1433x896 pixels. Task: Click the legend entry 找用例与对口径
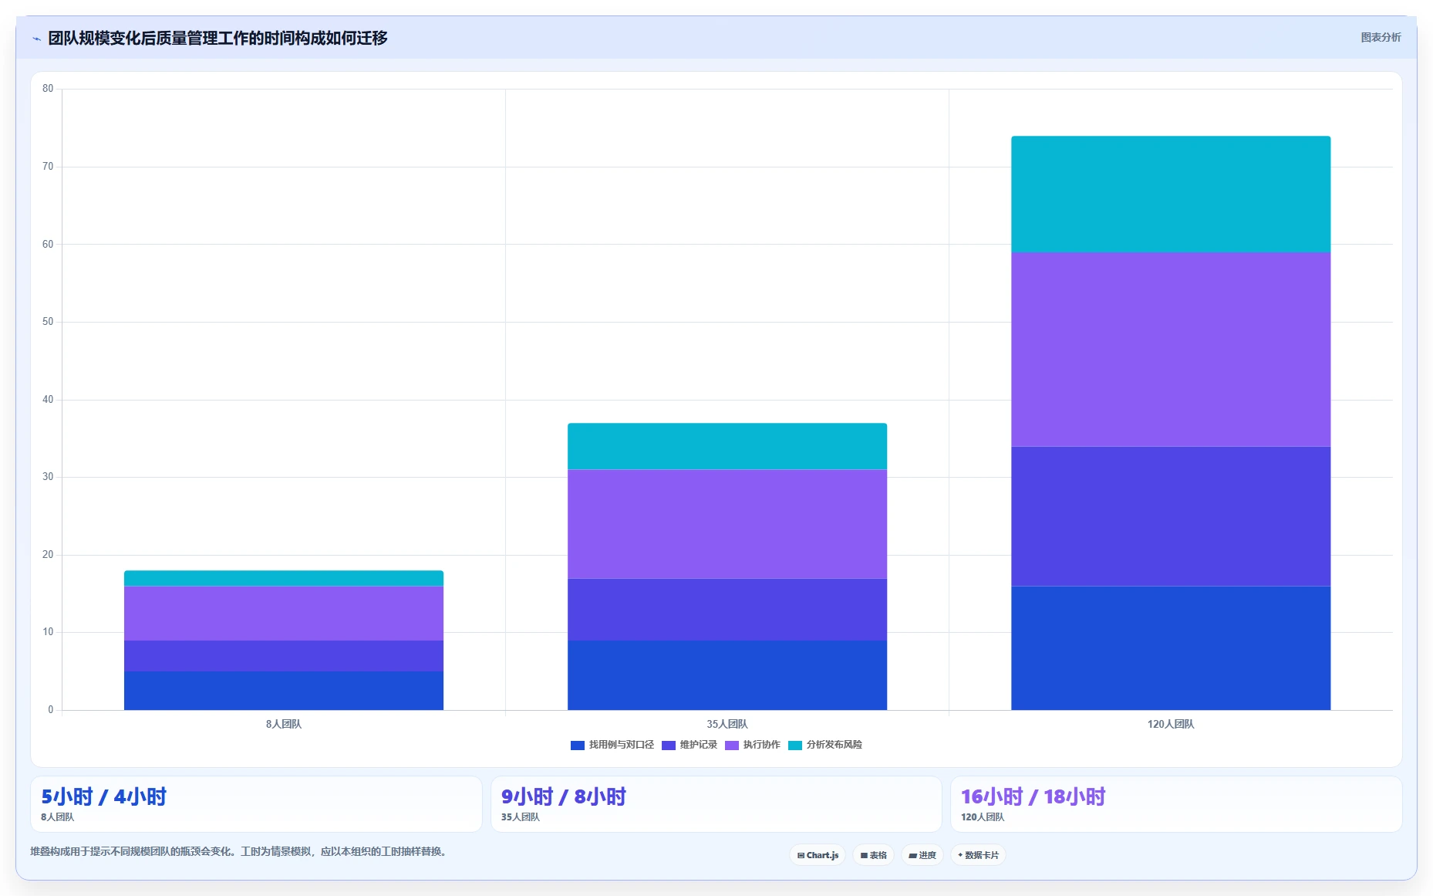[612, 745]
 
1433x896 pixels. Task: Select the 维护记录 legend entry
[690, 745]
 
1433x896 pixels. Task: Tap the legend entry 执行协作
[753, 745]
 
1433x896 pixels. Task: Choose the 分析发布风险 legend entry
[825, 745]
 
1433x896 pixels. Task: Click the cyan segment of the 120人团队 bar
[1171, 194]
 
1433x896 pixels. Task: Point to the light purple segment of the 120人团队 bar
[1171, 350]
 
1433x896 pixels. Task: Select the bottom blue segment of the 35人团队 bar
[727, 675]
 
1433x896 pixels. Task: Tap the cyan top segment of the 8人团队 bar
[284, 578]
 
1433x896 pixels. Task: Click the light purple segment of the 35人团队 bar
[727, 524]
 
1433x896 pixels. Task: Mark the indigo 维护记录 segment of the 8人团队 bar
[284, 656]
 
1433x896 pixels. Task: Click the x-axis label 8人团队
[284, 724]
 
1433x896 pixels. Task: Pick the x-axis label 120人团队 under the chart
[1171, 724]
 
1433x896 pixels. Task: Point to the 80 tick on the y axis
[48, 89]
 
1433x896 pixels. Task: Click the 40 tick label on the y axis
[48, 400]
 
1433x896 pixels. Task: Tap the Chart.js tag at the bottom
[818, 855]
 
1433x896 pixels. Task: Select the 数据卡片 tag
[978, 855]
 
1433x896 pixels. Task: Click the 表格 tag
[874, 855]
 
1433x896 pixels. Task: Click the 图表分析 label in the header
[1381, 37]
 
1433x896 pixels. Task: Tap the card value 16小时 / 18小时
[1033, 796]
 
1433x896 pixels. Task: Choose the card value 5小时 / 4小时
[104, 796]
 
